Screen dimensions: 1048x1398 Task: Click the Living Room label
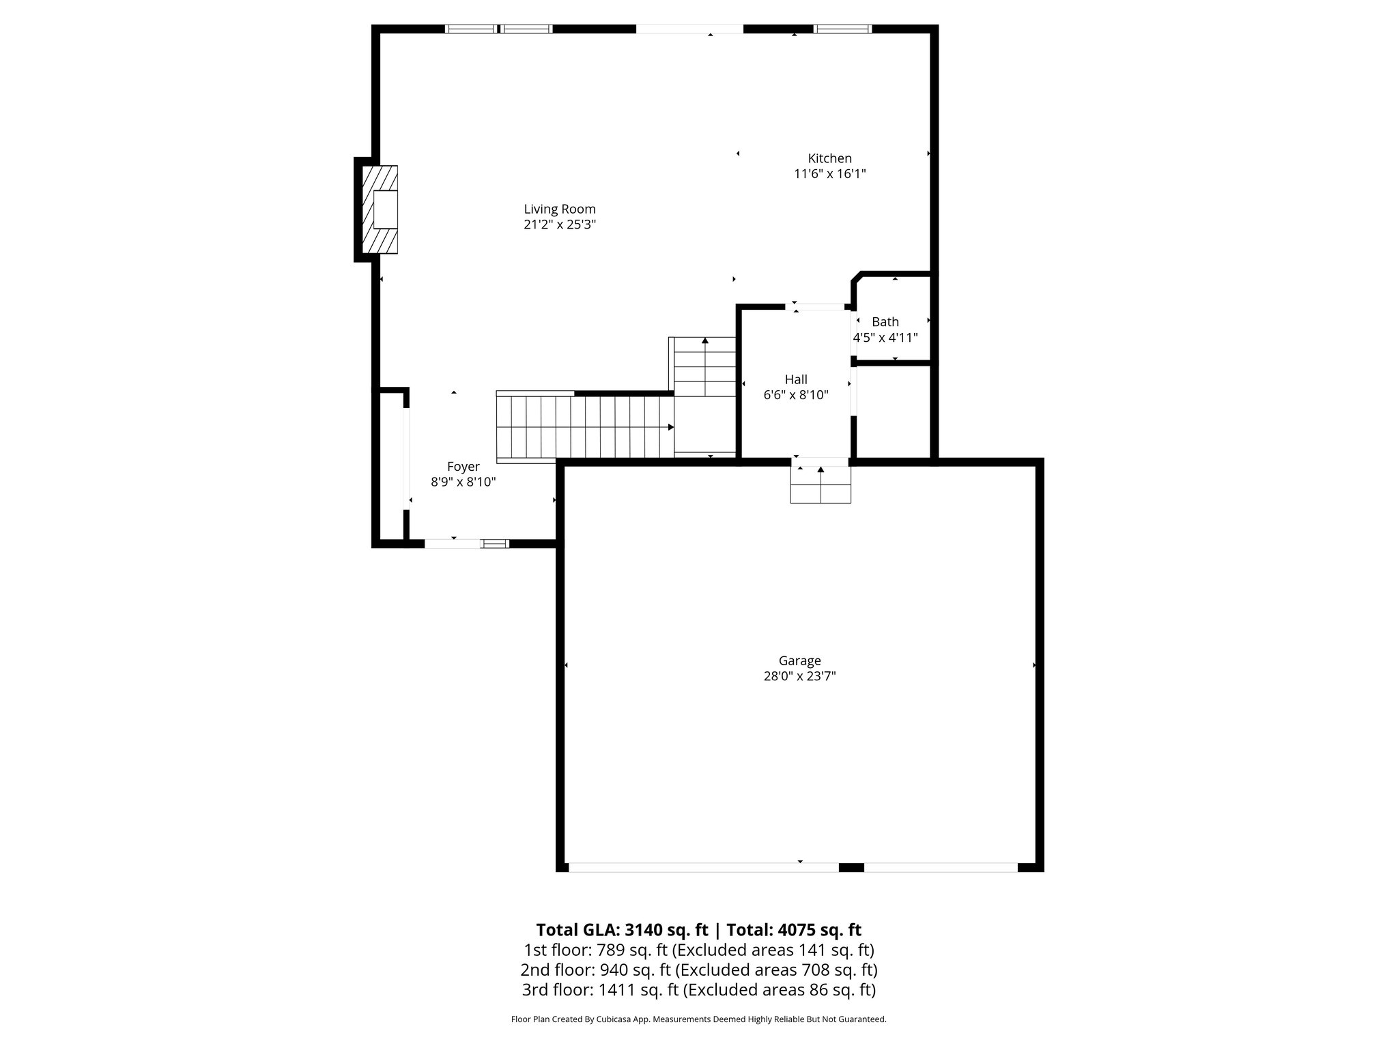[x=560, y=209]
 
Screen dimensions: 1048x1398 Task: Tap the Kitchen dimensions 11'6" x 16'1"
[x=829, y=174]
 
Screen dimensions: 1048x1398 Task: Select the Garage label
[x=799, y=660]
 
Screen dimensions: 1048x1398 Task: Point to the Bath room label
[x=885, y=322]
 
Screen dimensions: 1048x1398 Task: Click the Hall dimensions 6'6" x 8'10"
[x=795, y=395]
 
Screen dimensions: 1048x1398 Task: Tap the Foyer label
[x=463, y=467]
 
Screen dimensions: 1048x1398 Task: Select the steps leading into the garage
[x=821, y=484]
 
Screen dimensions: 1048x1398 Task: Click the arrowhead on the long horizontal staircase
[x=671, y=427]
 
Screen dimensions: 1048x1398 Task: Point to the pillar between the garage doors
[x=851, y=867]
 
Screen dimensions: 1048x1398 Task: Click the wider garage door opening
[x=703, y=867]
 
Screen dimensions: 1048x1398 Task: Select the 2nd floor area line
[x=698, y=970]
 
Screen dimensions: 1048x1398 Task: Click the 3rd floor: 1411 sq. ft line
[x=698, y=989]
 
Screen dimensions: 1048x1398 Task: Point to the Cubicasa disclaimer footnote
[x=698, y=1019]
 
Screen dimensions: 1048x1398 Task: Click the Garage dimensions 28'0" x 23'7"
[x=799, y=676]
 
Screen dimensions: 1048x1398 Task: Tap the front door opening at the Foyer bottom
[x=452, y=544]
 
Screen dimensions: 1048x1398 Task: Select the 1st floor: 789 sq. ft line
[x=698, y=950]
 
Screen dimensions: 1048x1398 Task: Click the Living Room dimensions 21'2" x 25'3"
[x=560, y=224]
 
